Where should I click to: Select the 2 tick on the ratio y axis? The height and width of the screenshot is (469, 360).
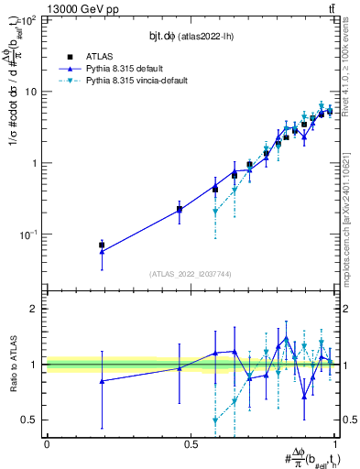click(35, 309)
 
